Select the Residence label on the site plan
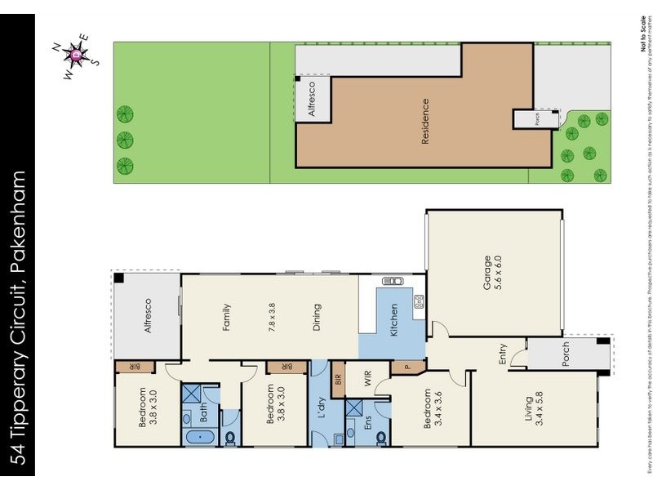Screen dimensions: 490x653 424,122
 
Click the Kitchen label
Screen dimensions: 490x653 394,321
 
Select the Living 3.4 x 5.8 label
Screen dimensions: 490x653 534,408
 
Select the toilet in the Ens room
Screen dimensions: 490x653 382,437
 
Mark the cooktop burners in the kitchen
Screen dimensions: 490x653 419,301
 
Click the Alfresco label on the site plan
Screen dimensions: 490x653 311,100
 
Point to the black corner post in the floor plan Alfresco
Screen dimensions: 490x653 119,278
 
